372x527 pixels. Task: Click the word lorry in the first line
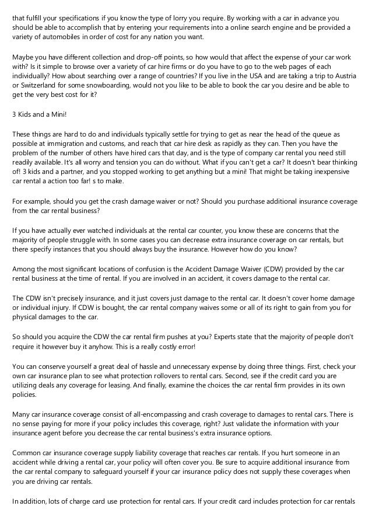click(x=161, y=18)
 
